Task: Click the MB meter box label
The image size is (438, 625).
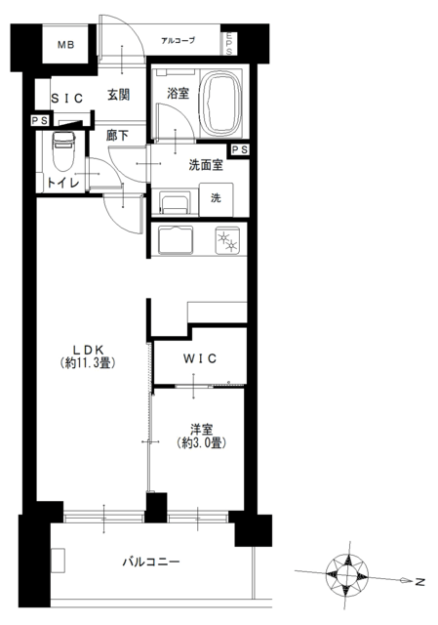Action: [x=65, y=45]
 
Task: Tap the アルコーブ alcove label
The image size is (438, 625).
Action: [x=178, y=40]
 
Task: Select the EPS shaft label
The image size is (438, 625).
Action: [x=229, y=43]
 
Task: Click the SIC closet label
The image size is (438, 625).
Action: [x=67, y=98]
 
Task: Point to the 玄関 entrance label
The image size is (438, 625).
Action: [x=118, y=95]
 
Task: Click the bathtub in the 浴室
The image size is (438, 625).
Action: [x=221, y=103]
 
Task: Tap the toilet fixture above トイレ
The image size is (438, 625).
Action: [x=63, y=150]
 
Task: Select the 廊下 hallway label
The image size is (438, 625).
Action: [x=117, y=136]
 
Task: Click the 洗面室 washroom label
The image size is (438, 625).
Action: [x=206, y=165]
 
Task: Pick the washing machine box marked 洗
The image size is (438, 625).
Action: [x=217, y=199]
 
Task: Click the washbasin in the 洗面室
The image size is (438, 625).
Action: [x=175, y=203]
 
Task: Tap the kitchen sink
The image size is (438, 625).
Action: [x=176, y=240]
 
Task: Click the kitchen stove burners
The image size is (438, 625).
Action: [x=227, y=241]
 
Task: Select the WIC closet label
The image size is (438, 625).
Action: [x=200, y=358]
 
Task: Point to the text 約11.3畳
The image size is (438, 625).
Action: [x=88, y=363]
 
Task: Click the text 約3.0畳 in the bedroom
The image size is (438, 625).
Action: [x=201, y=442]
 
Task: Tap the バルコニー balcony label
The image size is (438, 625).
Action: [x=151, y=562]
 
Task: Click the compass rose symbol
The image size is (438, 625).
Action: [x=347, y=575]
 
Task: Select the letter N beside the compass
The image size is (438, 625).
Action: [x=420, y=582]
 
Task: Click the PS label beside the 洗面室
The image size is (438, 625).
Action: [x=240, y=149]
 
